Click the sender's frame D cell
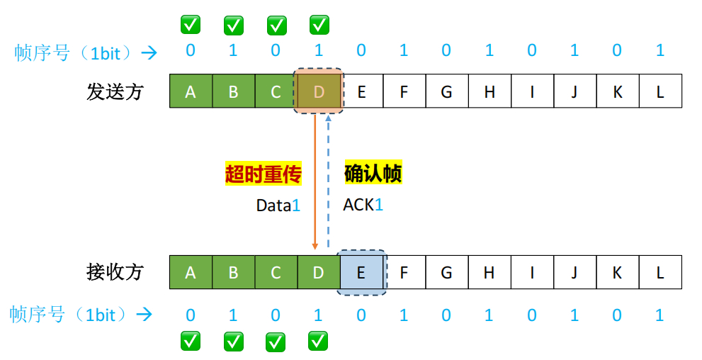pos(319,91)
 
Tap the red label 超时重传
pos(264,174)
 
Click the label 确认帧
pos(373,174)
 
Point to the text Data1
pos(278,206)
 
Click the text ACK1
pos(363,206)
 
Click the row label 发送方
pos(115,91)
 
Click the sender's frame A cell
pos(190,91)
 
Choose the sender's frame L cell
pos(660,91)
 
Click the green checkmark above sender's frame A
pos(190,25)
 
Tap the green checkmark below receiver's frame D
pos(318,341)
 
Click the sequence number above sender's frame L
pos(660,51)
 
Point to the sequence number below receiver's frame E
pos(361,315)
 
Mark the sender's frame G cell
pos(446,91)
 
